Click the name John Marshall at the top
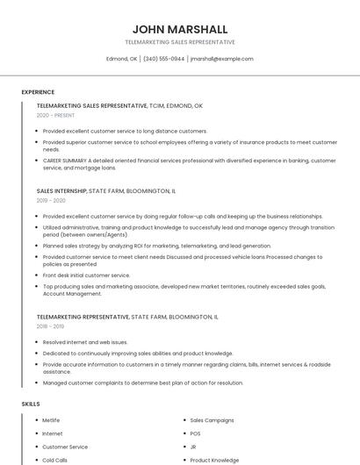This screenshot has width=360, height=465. pos(179,29)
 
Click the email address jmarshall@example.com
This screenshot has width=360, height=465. pos(221,59)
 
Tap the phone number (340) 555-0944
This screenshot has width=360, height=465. pos(164,59)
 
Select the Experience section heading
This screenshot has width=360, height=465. pos(38,92)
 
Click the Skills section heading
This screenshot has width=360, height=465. pos(31,404)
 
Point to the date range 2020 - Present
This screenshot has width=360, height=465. pos(55,115)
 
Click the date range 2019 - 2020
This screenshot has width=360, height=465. pos(52,200)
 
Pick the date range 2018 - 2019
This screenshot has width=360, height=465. pos(52,325)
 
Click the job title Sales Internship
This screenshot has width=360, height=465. pos(61,190)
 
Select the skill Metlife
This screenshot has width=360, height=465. pos(51,420)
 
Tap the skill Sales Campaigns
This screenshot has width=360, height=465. pos(212,420)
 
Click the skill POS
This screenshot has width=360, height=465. pos(195,433)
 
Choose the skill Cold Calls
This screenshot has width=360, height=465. pos(54,460)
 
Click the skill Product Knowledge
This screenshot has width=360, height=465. pos(214,460)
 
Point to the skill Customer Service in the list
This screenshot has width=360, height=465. pos(65,447)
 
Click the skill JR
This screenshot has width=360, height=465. pos(193,447)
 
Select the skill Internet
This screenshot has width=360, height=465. pos(52,433)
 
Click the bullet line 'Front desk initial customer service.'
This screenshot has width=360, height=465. pos(86,275)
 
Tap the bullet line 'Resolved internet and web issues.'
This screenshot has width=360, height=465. pos(85,342)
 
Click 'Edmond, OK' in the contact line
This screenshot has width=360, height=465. pos(122,59)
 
